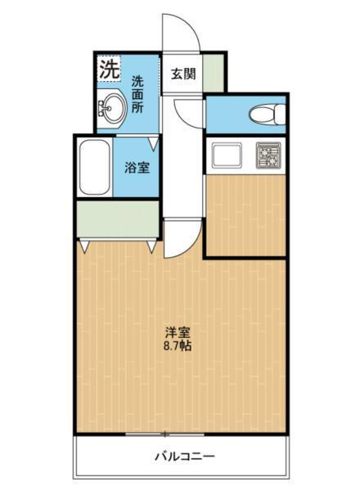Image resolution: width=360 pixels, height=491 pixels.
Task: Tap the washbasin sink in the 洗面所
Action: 111,106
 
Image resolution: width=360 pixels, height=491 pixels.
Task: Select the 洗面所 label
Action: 138,93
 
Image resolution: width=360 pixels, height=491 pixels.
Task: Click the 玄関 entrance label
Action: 183,73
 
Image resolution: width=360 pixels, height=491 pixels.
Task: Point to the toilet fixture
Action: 262,115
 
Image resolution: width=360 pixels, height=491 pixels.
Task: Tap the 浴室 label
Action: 136,169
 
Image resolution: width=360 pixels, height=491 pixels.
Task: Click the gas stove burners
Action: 268,155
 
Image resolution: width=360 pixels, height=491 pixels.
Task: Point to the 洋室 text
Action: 178,332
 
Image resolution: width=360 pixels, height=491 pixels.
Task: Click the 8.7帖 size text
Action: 178,346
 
